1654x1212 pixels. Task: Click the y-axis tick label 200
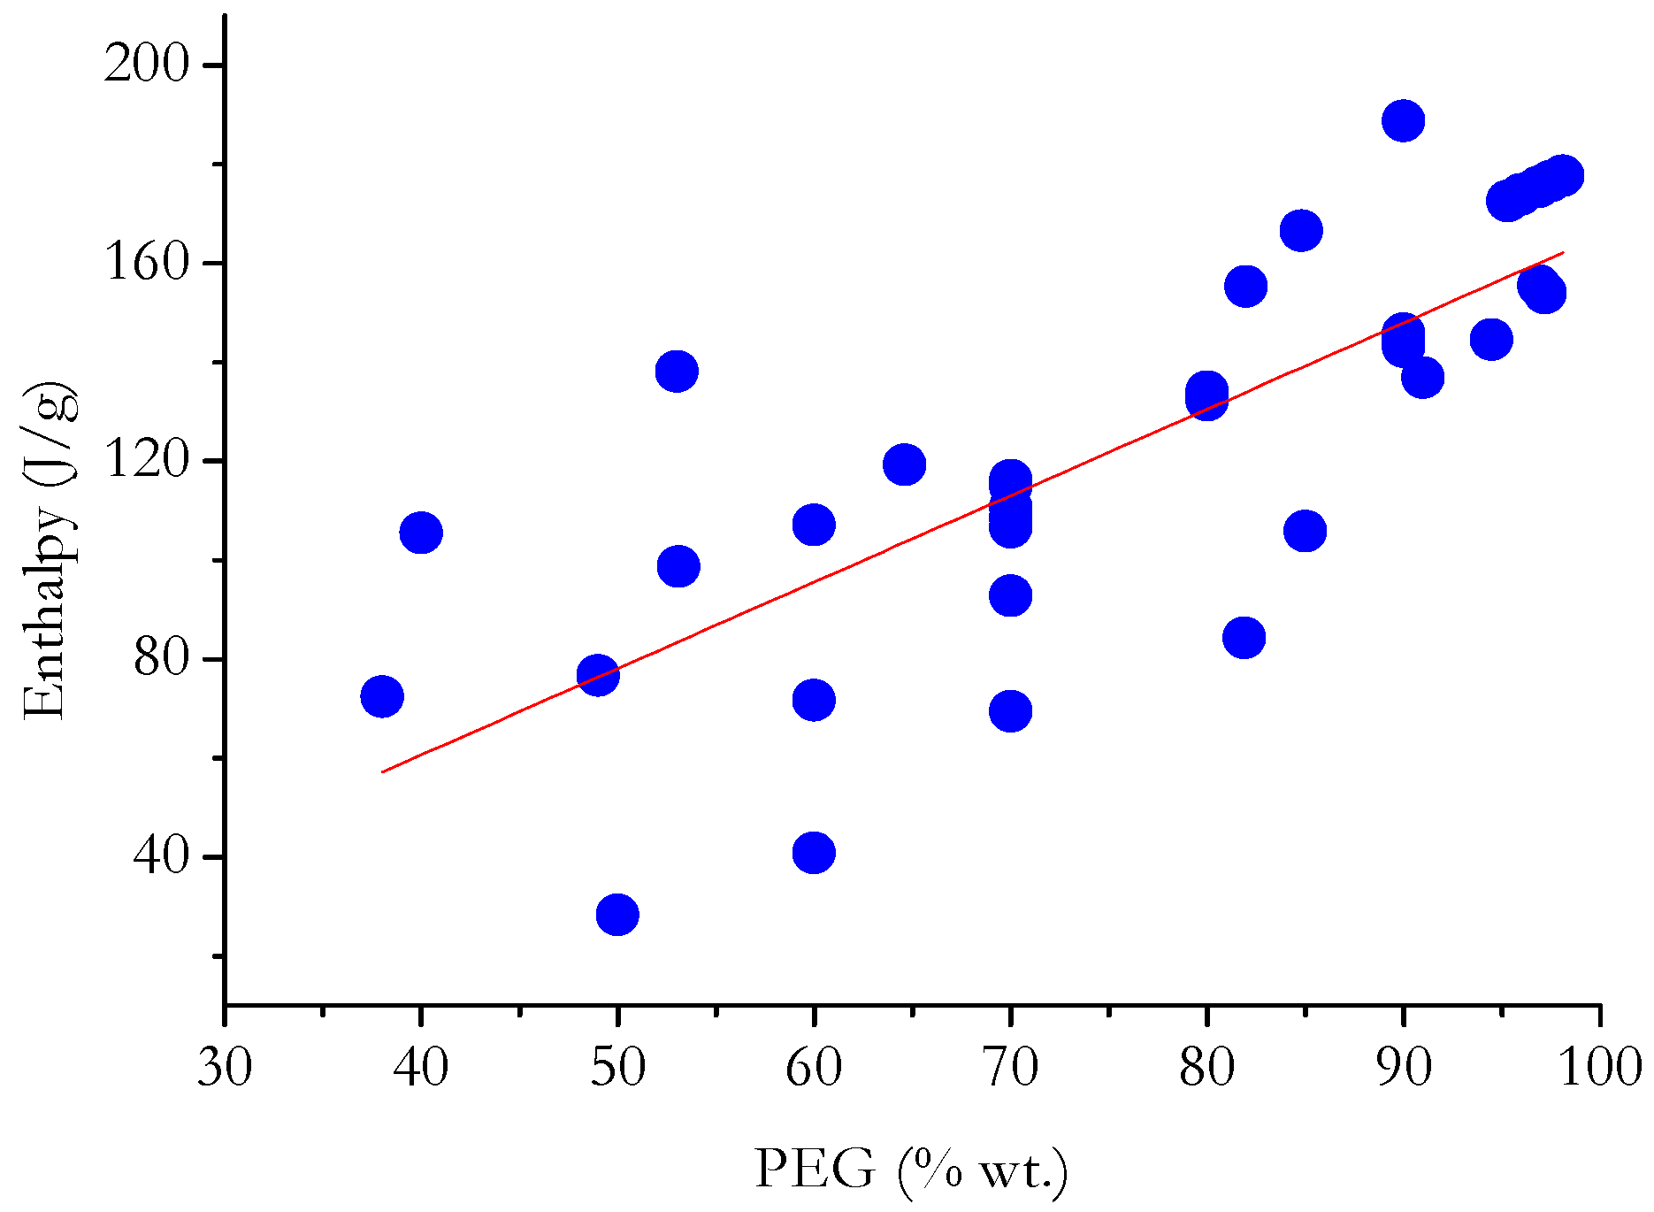[146, 65]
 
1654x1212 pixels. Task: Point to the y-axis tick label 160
[146, 264]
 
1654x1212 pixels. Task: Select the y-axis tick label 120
[146, 461]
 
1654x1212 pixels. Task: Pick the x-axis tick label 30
[225, 1067]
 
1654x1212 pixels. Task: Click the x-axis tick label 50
[617, 1067]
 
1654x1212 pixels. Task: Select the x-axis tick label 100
[1599, 1067]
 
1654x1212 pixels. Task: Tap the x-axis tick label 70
[1010, 1067]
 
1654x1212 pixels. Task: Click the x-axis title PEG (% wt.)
[911, 1170]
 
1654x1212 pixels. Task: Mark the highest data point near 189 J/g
[1403, 120]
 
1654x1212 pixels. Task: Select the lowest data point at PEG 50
[617, 914]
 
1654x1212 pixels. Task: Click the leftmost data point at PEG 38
[382, 696]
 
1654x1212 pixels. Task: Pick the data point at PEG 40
[421, 533]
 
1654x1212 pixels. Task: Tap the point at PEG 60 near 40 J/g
[814, 852]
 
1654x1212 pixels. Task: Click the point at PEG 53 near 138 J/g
[677, 371]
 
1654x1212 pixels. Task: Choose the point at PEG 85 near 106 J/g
[1305, 531]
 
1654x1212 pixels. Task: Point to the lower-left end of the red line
[383, 771]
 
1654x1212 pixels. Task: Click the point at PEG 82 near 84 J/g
[1244, 637]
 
